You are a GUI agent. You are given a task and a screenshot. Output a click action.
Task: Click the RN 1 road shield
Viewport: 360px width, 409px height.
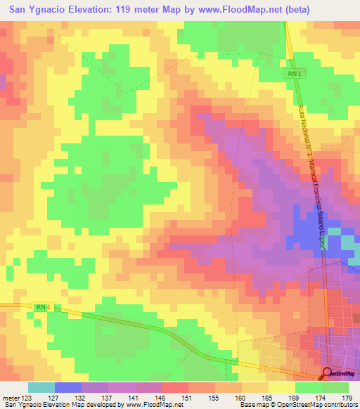[294, 74]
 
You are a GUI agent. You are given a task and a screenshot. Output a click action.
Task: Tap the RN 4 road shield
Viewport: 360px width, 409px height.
[42, 306]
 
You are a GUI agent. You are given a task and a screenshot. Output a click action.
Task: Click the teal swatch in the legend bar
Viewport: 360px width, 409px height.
[41, 387]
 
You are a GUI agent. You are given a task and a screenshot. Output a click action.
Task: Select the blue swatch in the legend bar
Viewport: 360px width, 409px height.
[67, 387]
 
